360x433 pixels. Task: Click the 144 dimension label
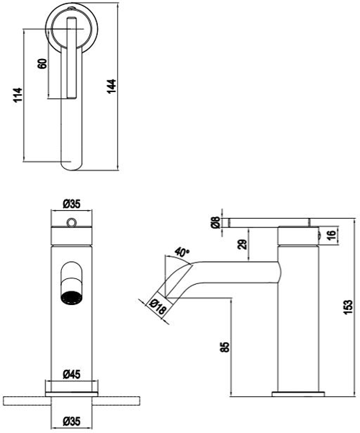(112, 86)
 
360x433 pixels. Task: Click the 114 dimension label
(17, 94)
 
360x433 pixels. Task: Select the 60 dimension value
(42, 63)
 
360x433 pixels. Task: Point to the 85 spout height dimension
(225, 347)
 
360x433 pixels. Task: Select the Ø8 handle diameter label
(215, 223)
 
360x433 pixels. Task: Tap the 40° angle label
(181, 252)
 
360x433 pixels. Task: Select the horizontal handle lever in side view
(266, 224)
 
